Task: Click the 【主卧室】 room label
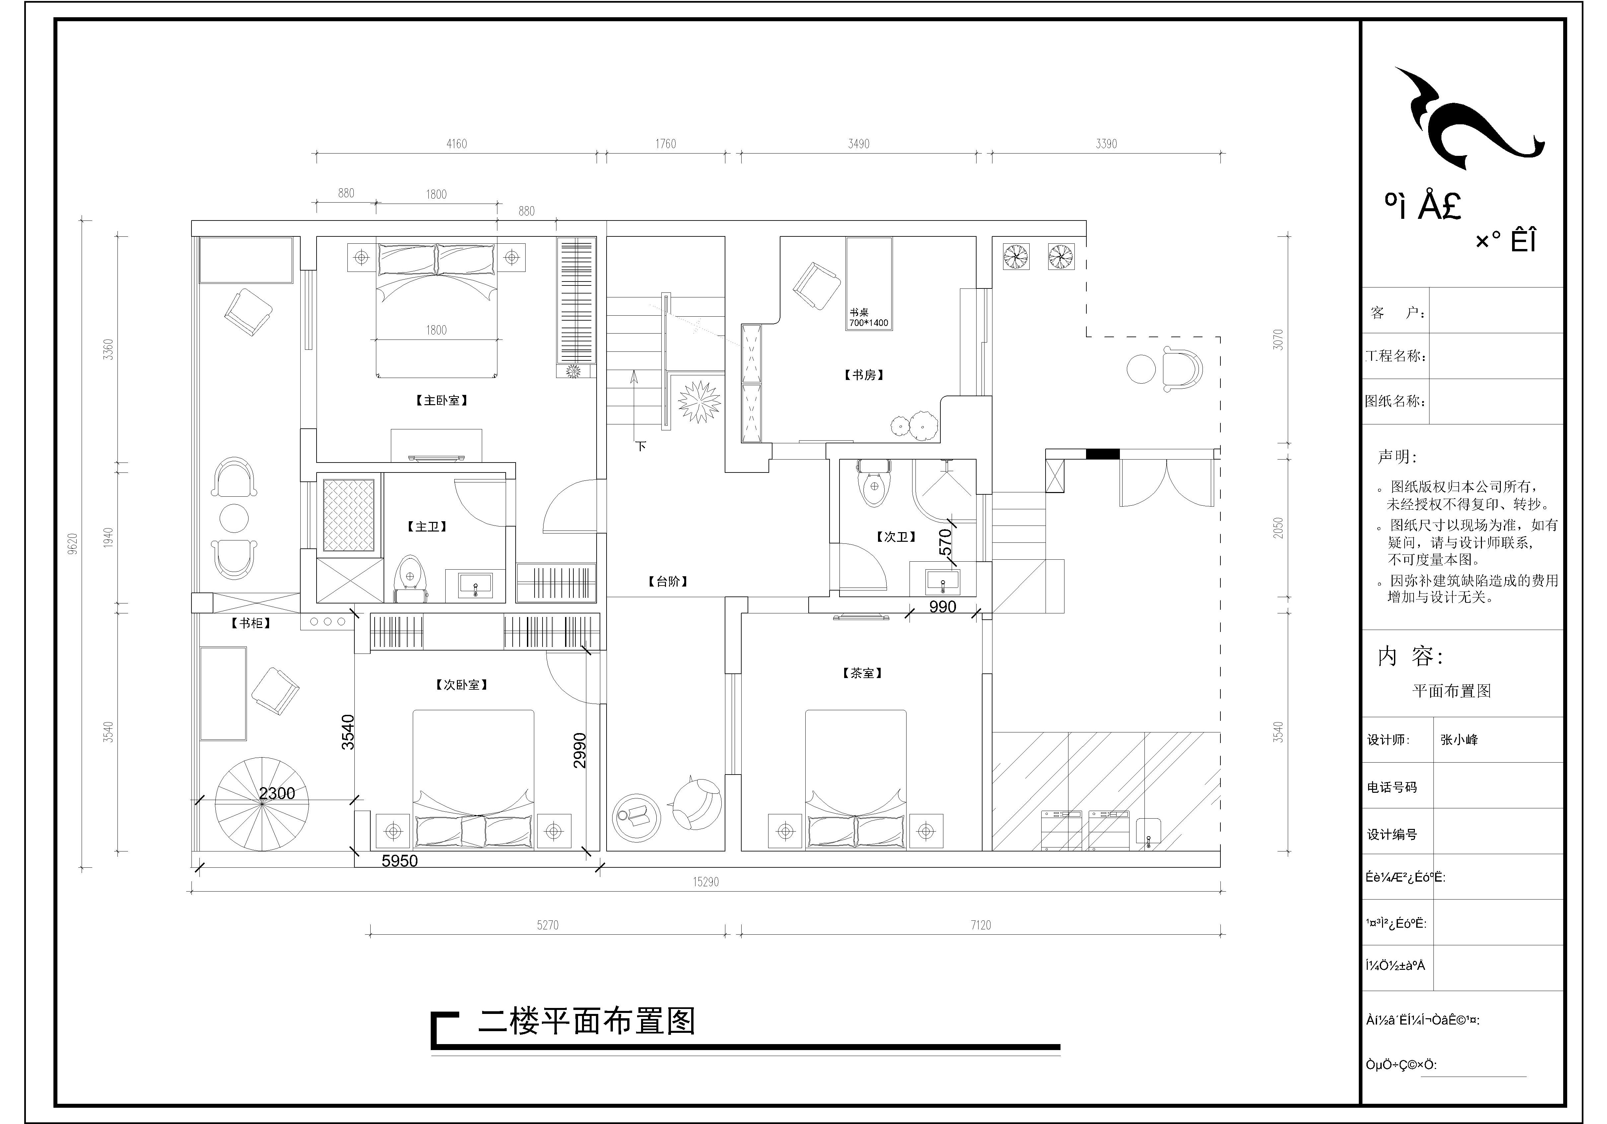[x=441, y=401]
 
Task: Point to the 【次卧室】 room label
[x=461, y=685]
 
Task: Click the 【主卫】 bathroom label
[x=427, y=527]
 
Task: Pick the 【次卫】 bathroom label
[x=896, y=537]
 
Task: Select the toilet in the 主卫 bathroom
[x=409, y=577]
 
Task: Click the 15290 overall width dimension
[x=705, y=882]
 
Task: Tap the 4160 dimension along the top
[x=456, y=144]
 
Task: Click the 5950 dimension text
[x=400, y=861]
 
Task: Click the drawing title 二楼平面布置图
[x=587, y=1022]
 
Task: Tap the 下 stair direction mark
[x=641, y=446]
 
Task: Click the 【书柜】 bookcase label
[x=251, y=623]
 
